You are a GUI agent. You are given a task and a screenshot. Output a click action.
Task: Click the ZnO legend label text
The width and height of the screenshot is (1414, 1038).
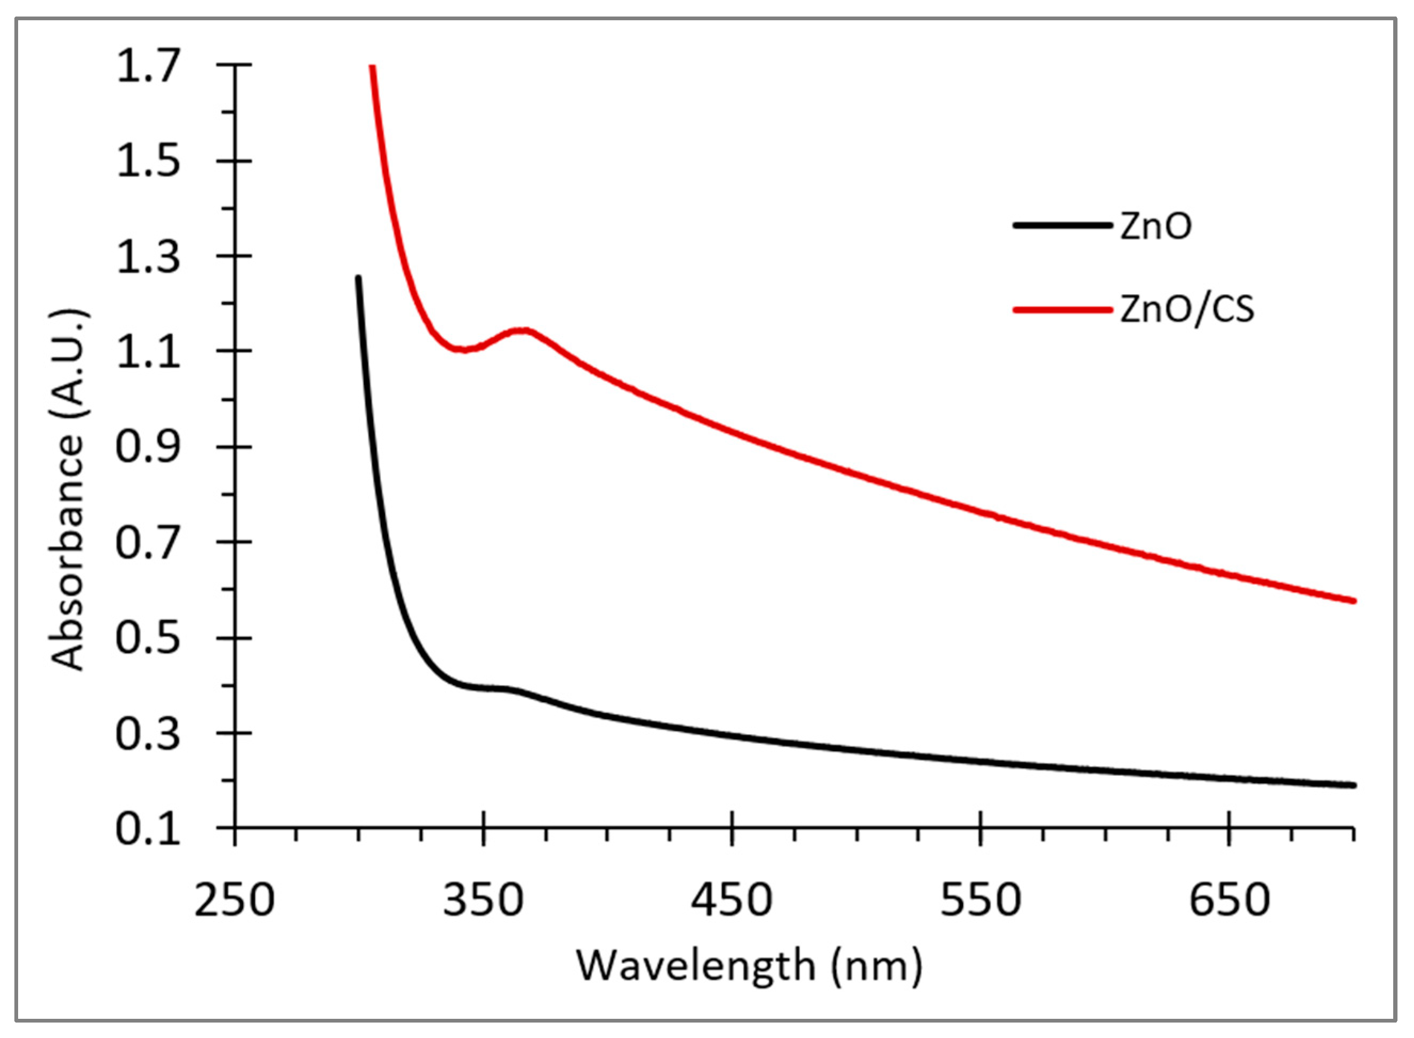coord(1155,227)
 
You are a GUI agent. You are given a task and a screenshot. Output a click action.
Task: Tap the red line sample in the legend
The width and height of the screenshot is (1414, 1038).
coord(1062,310)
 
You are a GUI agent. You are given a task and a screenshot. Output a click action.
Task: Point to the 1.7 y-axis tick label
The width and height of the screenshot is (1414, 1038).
coord(148,66)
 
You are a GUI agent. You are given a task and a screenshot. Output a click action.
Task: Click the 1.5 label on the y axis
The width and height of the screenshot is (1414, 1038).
coord(148,162)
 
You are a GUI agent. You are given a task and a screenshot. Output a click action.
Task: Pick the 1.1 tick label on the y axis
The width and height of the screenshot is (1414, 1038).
coord(148,352)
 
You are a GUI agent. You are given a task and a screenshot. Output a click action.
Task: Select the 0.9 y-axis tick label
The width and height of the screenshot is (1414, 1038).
coord(148,447)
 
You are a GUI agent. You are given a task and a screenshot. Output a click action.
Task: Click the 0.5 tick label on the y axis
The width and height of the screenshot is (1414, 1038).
coord(148,638)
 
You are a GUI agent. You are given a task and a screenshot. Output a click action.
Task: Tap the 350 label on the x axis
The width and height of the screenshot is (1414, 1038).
coord(483,900)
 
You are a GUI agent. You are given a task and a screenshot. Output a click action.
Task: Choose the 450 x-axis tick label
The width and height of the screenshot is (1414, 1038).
coord(732,900)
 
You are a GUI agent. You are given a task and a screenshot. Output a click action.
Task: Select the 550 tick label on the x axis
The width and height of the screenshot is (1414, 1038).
coord(981,900)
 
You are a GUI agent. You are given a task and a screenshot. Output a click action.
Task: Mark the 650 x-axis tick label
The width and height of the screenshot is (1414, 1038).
coord(1228,900)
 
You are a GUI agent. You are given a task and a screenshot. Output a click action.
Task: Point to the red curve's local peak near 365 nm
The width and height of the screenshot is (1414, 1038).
coord(523,331)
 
